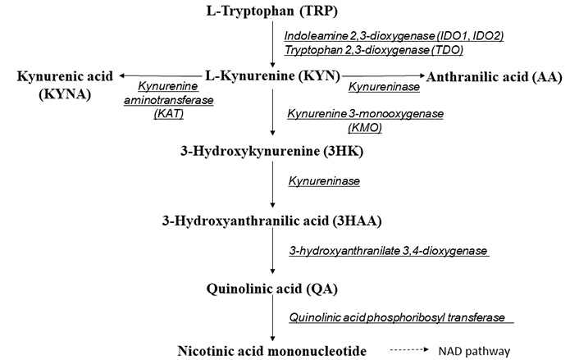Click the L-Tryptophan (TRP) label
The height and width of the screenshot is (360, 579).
click(271, 11)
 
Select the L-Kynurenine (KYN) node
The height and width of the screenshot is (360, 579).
click(272, 76)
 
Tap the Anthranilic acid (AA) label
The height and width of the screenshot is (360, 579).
click(494, 77)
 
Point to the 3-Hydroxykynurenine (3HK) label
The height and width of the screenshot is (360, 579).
click(271, 151)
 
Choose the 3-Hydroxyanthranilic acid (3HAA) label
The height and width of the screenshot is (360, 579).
click(271, 221)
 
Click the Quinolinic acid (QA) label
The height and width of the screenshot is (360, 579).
click(271, 289)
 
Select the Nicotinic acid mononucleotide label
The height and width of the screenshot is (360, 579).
click(271, 351)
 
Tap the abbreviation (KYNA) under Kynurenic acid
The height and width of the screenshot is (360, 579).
click(65, 94)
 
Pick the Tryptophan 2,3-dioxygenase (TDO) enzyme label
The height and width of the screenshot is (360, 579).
click(374, 49)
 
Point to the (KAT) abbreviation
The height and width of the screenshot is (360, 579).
click(168, 114)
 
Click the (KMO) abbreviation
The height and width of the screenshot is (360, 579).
click(365, 128)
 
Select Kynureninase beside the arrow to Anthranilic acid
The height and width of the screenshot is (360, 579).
click(384, 87)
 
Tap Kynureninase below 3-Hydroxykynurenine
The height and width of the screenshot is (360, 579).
click(324, 181)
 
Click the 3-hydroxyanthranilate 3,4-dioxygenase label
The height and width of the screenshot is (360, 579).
click(388, 251)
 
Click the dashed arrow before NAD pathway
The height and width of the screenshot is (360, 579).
click(409, 349)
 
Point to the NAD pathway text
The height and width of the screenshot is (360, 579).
click(474, 351)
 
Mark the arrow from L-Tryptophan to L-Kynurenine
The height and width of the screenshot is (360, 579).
click(272, 44)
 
